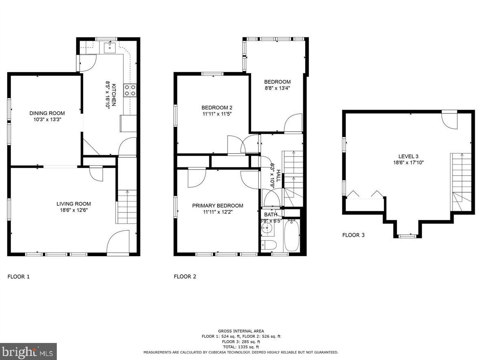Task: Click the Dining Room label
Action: point(47,113)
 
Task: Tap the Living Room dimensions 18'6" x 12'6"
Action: point(74,210)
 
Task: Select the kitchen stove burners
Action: point(130,90)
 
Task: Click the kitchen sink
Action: point(110,47)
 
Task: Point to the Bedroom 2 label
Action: point(217,107)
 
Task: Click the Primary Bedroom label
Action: point(217,206)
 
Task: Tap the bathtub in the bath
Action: point(292,236)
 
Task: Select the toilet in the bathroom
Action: point(268,245)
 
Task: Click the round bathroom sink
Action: point(267,228)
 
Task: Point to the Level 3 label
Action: point(408,156)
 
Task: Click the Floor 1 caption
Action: point(18,277)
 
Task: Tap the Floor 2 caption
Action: point(185,276)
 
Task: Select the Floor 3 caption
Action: point(353,235)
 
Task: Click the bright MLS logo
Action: point(28,351)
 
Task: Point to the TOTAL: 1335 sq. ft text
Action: point(241,347)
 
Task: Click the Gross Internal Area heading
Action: point(241,331)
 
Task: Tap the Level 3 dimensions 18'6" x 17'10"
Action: point(409,163)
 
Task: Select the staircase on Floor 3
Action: point(461,182)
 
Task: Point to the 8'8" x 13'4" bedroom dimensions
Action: point(277,88)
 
